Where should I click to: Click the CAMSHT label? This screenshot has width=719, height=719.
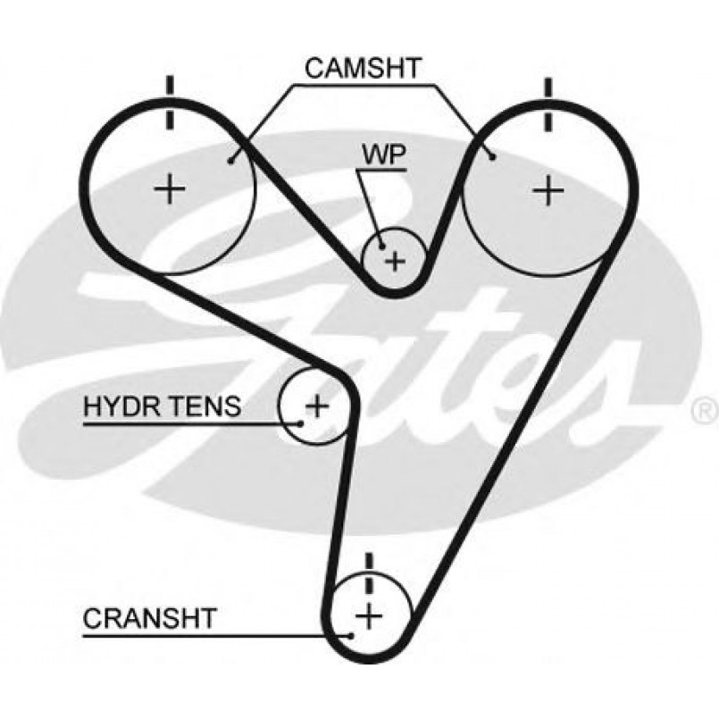click(363, 68)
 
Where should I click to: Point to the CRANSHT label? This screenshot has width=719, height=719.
click(149, 618)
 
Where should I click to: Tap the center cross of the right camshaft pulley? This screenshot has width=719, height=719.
click(548, 190)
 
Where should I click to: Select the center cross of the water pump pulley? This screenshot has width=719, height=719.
click(396, 261)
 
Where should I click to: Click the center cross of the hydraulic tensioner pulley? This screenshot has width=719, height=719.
click(317, 405)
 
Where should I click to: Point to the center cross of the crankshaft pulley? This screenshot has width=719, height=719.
click(369, 615)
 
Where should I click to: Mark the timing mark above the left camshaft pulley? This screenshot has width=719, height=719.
click(170, 104)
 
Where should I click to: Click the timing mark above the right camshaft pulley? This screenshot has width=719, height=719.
click(548, 105)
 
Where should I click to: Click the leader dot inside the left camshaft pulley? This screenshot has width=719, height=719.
click(230, 161)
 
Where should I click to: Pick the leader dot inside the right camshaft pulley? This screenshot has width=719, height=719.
click(493, 157)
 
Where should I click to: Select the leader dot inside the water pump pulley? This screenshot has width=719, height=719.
click(381, 247)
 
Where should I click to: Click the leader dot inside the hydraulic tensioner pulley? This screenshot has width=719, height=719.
click(300, 423)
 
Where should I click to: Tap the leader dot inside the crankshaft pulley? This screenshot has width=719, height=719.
click(351, 636)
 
